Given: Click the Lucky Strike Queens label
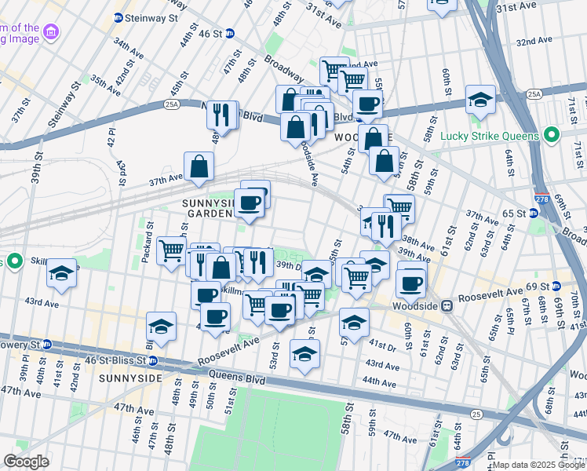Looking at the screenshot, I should coord(489,135).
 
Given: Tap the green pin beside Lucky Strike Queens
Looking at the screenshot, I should coord(552,135).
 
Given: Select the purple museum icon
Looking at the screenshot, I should coord(51,32).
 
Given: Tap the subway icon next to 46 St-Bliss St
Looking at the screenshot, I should coord(154,361).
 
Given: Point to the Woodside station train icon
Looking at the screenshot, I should coord(445,305).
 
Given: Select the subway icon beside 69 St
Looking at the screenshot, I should coord(557,284).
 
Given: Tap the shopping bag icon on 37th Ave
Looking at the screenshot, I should coord(199,166).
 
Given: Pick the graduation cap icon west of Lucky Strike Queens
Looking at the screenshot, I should coord(480,100).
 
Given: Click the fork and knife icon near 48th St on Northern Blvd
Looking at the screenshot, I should coord(221,115).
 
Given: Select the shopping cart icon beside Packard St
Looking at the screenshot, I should coord(171,252).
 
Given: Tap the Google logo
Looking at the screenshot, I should coord(26,462).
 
